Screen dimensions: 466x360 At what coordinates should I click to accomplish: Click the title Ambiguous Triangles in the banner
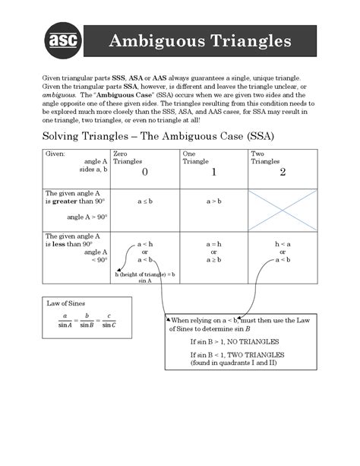tap(200, 40)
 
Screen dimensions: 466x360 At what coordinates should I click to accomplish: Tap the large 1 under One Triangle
tap(213, 173)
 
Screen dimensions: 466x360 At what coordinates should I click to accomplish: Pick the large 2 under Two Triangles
tap(283, 173)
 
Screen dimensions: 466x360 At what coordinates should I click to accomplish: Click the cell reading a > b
tap(213, 201)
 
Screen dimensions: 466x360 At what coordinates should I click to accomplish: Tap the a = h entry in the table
tap(213, 243)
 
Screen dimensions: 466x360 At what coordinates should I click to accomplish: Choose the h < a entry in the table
tap(283, 243)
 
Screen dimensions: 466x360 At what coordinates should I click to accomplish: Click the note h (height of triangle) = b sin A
tap(145, 277)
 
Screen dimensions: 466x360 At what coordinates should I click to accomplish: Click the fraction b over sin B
tap(87, 319)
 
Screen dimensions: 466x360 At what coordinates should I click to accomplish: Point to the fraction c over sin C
tap(109, 319)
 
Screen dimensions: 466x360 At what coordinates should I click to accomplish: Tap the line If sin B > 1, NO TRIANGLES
tap(234, 341)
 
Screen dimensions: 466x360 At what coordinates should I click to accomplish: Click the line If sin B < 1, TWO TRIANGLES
tap(237, 355)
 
